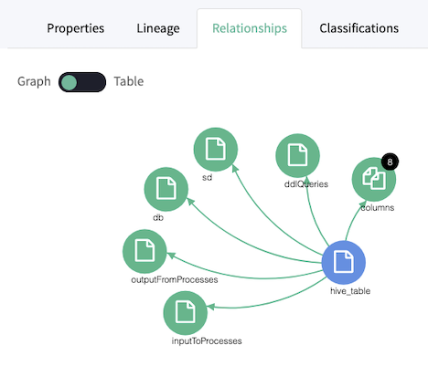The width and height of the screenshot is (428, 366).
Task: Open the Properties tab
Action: pos(75,28)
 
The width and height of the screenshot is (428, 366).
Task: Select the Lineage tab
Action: pos(158,28)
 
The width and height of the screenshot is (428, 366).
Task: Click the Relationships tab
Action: pos(250,28)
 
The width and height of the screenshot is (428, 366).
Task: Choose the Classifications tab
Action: pos(358,28)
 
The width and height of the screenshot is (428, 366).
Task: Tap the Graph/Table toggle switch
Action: pos(82,82)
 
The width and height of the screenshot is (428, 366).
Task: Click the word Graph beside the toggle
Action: pos(34,81)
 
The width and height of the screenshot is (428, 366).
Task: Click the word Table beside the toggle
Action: pos(129,81)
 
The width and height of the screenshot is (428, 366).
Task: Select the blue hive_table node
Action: pos(344,262)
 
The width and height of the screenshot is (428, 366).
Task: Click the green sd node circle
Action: pos(216,150)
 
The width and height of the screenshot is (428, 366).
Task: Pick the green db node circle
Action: pos(166,189)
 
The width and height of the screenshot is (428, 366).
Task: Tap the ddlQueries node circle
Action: pos(297,155)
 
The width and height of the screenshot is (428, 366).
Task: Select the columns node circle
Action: pos(374,179)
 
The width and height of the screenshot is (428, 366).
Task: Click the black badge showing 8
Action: pos(390,162)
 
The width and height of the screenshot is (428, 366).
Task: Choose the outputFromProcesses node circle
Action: pos(144,251)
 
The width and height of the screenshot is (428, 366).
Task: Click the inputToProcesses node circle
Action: pos(186,313)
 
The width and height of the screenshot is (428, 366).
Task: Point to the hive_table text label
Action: pos(350,291)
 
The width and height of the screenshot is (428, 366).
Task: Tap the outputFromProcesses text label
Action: pos(175,279)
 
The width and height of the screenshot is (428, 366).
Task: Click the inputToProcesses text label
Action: pos(207,341)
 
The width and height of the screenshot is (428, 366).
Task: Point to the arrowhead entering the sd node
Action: pos(235,169)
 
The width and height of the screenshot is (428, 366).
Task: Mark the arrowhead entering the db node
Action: pos(190,201)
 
